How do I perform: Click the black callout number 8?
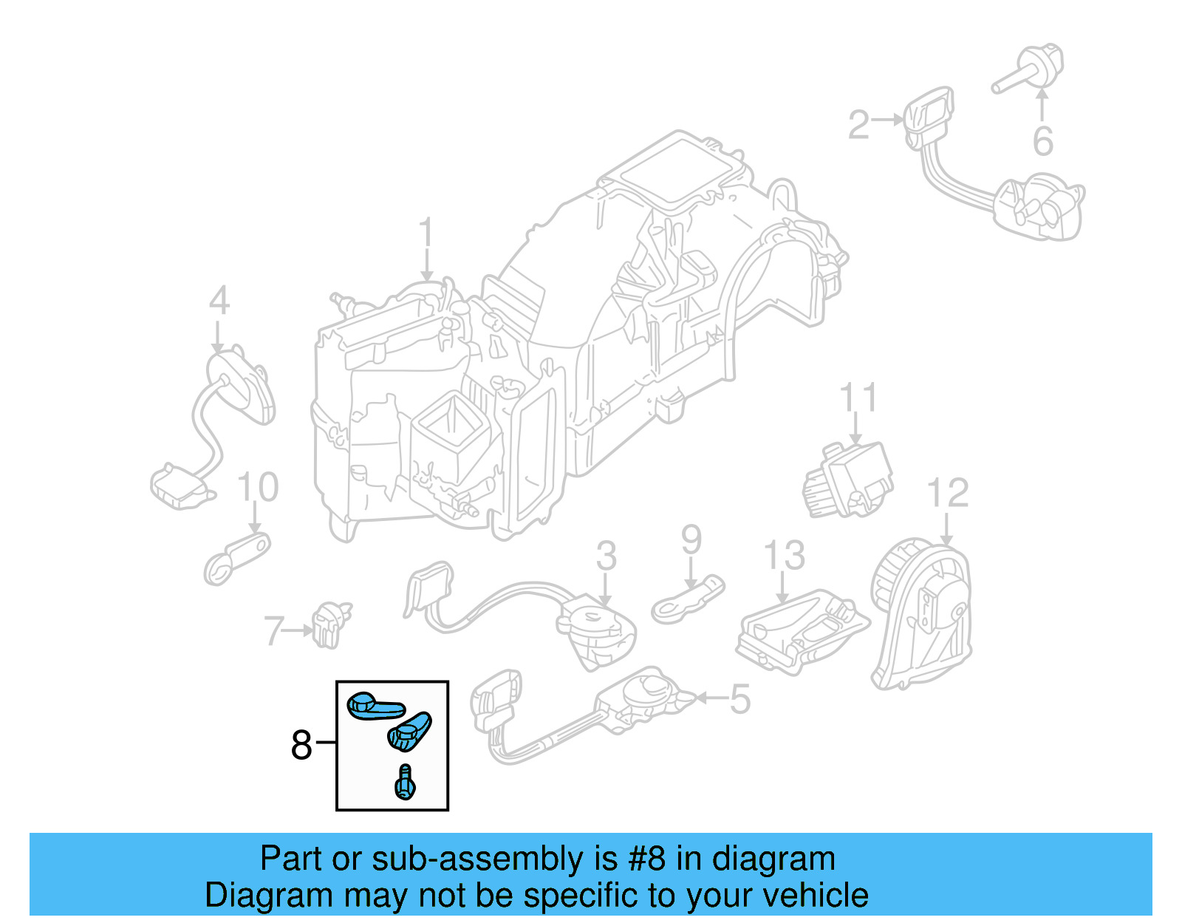point(301,744)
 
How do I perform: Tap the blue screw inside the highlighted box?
point(405,783)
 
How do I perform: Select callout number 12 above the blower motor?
point(947,493)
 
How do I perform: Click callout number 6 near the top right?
point(1042,141)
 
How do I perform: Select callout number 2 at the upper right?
point(858,124)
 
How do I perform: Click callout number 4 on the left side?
point(219,301)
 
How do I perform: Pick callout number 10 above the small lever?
point(258,488)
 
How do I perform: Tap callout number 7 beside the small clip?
point(273,631)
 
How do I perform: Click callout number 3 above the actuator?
point(606,556)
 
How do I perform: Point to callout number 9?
point(691,539)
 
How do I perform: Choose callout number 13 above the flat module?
point(783,556)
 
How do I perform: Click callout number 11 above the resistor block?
point(858,398)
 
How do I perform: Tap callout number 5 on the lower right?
point(739,699)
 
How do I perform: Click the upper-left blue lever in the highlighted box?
point(375,706)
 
